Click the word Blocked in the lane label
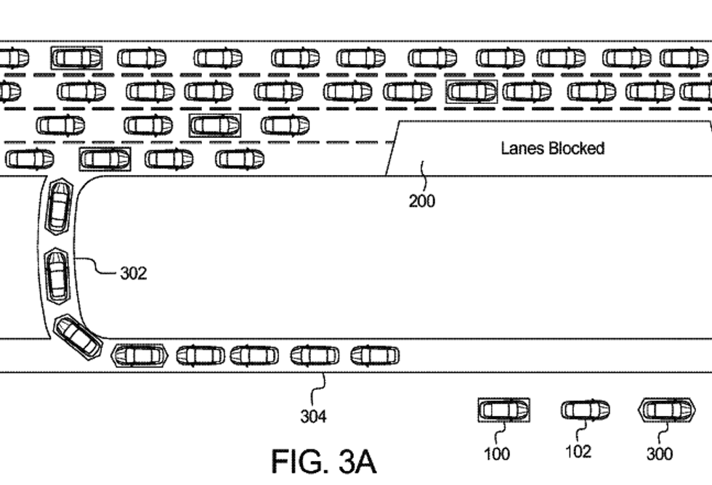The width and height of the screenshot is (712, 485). (576, 149)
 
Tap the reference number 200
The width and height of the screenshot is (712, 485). (421, 200)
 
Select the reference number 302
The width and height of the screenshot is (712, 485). (133, 273)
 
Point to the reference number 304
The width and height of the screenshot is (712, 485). (313, 416)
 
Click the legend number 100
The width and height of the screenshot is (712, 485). (496, 454)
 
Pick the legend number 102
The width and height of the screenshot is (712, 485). (578, 452)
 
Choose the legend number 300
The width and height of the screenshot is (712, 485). (660, 454)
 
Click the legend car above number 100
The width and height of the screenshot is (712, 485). (503, 410)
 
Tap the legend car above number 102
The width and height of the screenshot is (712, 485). (585, 410)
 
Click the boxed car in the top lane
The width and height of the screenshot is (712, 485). (76, 57)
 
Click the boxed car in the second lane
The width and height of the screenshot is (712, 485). (472, 91)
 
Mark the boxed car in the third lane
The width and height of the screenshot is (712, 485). (214, 125)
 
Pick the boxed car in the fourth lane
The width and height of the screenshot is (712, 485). (105, 158)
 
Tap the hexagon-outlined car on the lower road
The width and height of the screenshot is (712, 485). (139, 356)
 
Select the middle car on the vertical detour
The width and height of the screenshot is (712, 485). (57, 274)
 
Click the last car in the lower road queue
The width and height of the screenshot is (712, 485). (375, 356)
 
